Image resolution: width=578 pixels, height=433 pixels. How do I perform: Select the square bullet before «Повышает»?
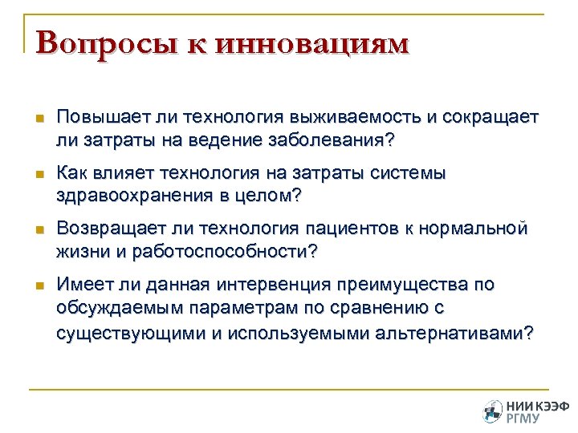pyautogui.click(x=39, y=118)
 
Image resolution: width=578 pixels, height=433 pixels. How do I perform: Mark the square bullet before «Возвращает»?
pyautogui.click(x=39, y=229)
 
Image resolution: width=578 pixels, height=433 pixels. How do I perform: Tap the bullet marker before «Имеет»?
pyautogui.click(x=39, y=285)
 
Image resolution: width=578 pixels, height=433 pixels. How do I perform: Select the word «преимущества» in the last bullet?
pyautogui.click(x=406, y=285)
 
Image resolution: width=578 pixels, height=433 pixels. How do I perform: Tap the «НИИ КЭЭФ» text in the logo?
pyautogui.click(x=533, y=406)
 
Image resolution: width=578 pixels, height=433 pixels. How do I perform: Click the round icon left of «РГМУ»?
pyautogui.click(x=492, y=411)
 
